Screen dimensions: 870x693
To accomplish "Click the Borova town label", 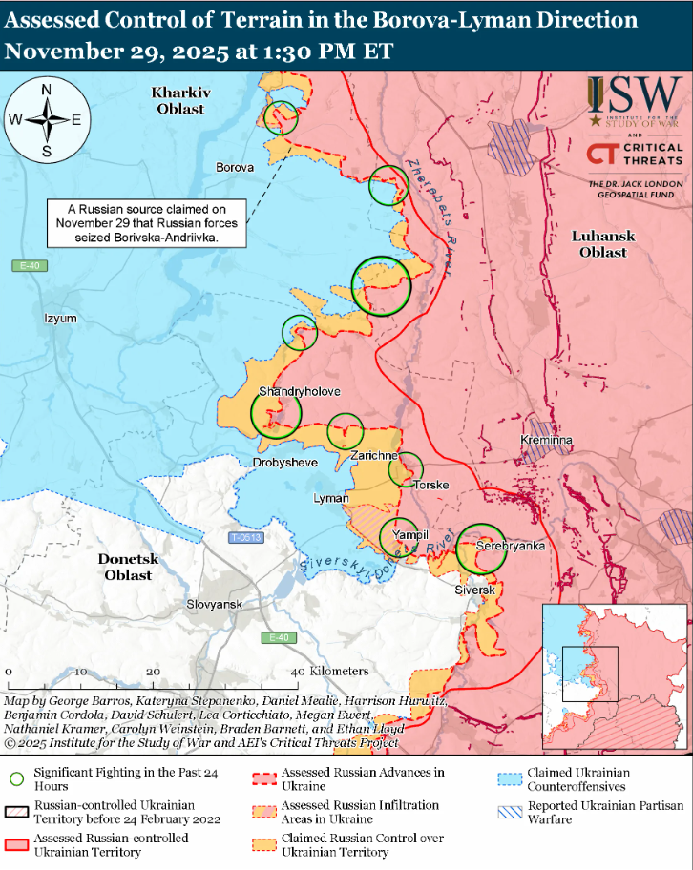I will (235, 167).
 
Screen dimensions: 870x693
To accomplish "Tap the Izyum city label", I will (60, 319).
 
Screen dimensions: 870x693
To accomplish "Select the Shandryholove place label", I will (299, 392).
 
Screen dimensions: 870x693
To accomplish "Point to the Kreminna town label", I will (546, 440).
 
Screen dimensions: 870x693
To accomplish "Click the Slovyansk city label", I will (216, 605).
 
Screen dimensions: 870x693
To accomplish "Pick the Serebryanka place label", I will (511, 546).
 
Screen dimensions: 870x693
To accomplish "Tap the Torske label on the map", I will (431, 486).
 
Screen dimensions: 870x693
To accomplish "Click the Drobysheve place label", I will (284, 463).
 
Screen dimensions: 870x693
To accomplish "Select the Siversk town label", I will (474, 590).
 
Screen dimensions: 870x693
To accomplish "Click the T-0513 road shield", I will (245, 538).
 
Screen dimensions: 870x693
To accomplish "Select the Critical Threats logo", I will (635, 154).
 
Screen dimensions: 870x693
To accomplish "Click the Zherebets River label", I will (429, 215).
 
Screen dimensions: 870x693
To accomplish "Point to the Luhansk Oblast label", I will (599, 244).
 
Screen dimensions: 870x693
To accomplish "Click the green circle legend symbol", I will (15, 778).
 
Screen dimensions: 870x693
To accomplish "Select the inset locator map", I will (615, 675).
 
